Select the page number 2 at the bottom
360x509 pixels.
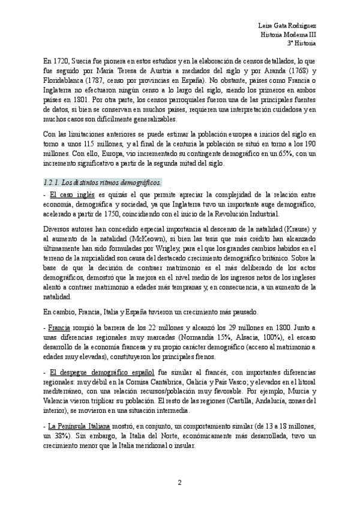pyautogui.click(x=179, y=481)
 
